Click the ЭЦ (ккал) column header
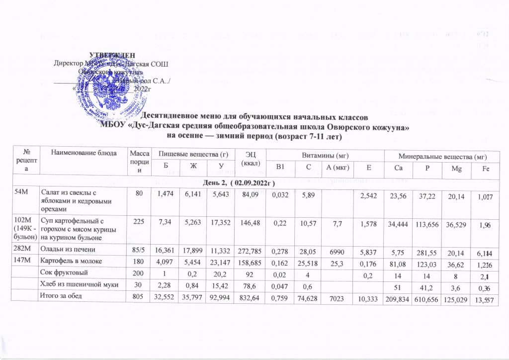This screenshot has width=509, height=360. pyautogui.click(x=246, y=159)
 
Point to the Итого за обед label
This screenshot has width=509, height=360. pyautogui.click(x=65, y=297)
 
